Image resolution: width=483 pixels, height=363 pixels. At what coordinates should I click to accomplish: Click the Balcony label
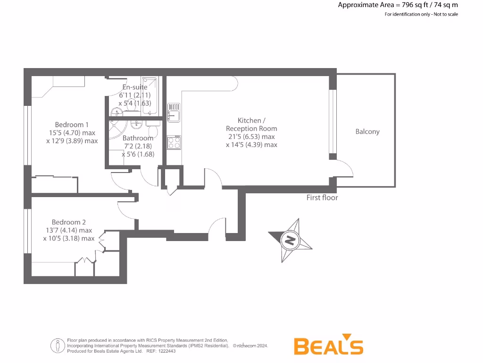[367, 132]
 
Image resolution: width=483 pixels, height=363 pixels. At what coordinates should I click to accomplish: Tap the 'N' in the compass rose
[290, 241]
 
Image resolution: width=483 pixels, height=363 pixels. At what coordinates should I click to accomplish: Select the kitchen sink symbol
[173, 112]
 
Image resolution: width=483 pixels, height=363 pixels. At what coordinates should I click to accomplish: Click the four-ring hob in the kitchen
[173, 142]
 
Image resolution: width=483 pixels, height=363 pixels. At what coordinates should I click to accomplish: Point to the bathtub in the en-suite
[150, 96]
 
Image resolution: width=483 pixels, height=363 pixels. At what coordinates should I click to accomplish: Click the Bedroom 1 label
[72, 125]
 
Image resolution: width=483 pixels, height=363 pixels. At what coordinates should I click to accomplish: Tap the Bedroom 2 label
[69, 222]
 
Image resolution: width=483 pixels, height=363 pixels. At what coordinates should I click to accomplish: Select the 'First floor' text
[322, 198]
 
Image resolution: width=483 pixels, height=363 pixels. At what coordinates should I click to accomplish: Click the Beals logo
[328, 346]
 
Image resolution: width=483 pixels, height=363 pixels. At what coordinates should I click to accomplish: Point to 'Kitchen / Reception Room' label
[251, 124]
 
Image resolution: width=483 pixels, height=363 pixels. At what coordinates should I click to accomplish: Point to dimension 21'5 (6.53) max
[251, 137]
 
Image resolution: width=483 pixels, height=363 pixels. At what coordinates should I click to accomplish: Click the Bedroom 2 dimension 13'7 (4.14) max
[69, 230]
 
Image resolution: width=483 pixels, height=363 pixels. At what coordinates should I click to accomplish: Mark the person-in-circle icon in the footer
[58, 346]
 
